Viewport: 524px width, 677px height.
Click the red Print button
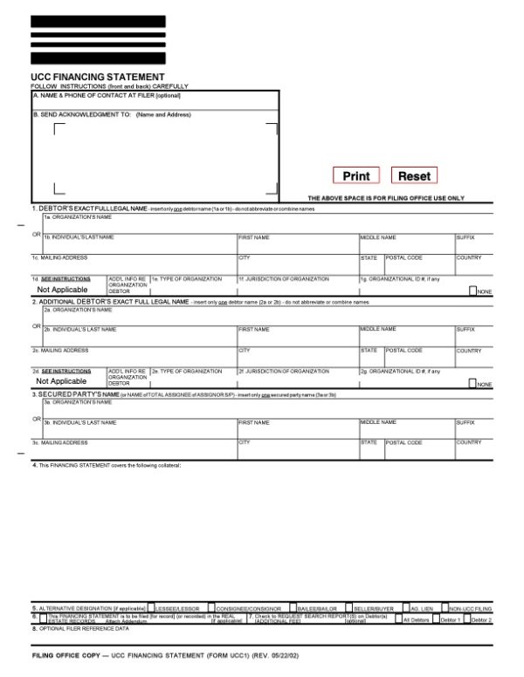pyautogui.click(x=356, y=176)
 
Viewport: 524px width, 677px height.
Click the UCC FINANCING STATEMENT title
pyautogui.click(x=98, y=78)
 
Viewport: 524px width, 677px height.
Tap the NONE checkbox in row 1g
pyautogui.click(x=473, y=291)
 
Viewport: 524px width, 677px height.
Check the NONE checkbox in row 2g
pyautogui.click(x=473, y=383)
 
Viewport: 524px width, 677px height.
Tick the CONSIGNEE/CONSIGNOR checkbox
pyautogui.click(x=214, y=607)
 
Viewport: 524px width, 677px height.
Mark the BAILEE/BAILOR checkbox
pyautogui.click(x=293, y=607)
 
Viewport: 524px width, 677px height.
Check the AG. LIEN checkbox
pyautogui.click(x=407, y=607)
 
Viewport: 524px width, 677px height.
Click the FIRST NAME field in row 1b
pyautogui.click(x=297, y=245)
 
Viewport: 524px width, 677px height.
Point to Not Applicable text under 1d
pyautogui.click(x=62, y=289)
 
